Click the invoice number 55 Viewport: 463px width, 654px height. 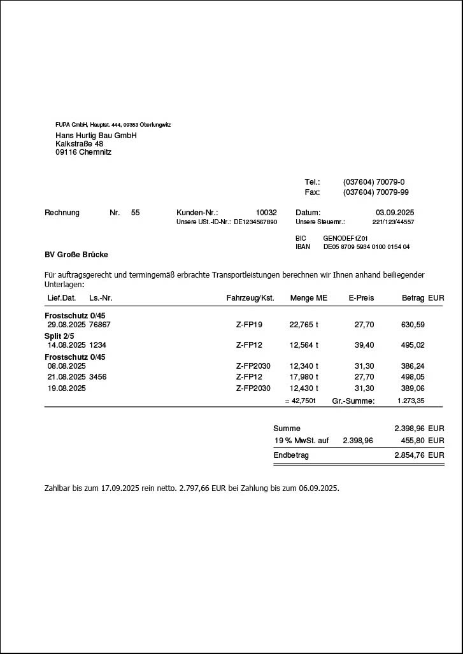(x=135, y=213)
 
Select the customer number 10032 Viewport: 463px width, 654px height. (x=266, y=213)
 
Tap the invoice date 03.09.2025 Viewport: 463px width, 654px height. (x=395, y=213)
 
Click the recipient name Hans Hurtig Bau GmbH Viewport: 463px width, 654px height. (x=96, y=136)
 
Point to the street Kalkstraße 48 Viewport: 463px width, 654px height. (x=79, y=144)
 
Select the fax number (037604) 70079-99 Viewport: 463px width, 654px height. (x=376, y=192)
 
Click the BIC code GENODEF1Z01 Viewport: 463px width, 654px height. (x=345, y=238)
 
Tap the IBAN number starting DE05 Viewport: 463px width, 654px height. (x=366, y=246)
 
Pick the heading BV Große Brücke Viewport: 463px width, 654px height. (x=76, y=255)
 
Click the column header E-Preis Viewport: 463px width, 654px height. (x=361, y=298)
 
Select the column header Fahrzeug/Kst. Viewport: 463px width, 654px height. (x=250, y=298)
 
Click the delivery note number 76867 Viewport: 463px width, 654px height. (x=100, y=325)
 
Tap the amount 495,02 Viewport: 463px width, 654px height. (x=413, y=345)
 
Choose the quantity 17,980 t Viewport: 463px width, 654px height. (x=304, y=377)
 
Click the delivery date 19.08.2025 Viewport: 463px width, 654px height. (x=66, y=388)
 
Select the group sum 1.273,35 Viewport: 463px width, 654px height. (x=411, y=401)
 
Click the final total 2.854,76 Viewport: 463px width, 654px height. (x=409, y=455)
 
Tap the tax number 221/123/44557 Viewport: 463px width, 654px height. (x=393, y=222)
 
